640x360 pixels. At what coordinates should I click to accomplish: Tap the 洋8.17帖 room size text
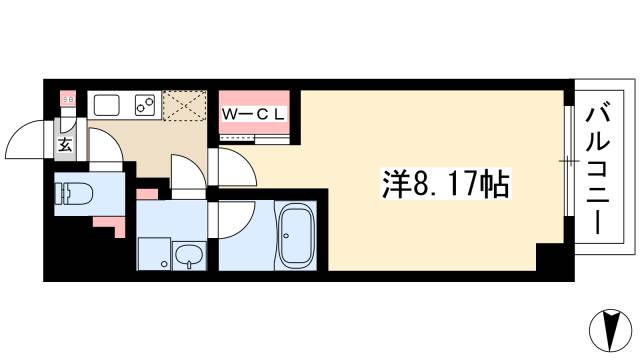447,184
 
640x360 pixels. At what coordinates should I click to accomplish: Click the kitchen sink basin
106,104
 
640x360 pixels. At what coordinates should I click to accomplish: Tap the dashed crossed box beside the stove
183,105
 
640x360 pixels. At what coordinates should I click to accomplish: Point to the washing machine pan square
154,254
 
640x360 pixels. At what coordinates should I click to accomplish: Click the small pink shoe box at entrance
68,101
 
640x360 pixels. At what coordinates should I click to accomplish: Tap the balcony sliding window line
569,160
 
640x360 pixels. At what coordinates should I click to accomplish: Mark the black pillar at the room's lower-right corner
551,263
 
